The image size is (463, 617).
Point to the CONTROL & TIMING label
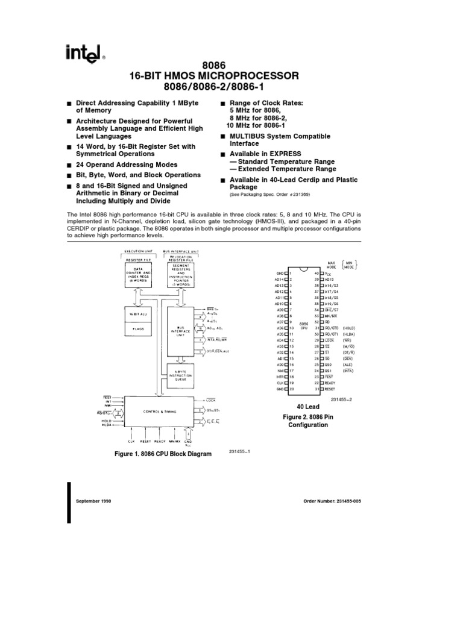click(160, 412)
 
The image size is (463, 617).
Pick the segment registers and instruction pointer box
click(180, 275)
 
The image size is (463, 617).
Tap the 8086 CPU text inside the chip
click(304, 325)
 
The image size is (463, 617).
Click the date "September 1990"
click(93, 501)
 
